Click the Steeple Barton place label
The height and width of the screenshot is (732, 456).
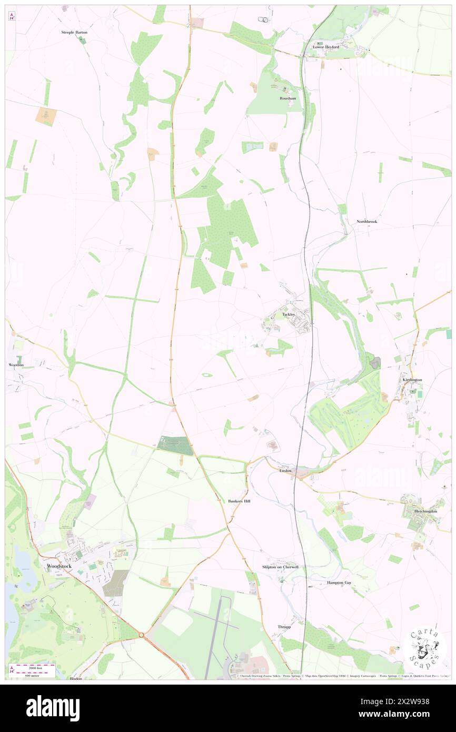pos(74,32)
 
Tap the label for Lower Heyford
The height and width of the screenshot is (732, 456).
pos(326,47)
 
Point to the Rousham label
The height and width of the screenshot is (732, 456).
pos(288,98)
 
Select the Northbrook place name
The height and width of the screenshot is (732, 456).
pos(366,222)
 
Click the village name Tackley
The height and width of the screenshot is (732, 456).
pos(289,314)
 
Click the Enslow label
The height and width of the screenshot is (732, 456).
pos(285,470)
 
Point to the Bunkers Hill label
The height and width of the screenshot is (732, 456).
pos(240,501)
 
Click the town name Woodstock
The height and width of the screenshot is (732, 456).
pos(56,566)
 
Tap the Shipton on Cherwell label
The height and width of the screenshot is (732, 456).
pos(280,567)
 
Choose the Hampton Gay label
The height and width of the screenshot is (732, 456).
pos(339,583)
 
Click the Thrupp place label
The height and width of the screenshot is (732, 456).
pos(284,627)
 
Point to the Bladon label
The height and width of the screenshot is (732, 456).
pos(76,678)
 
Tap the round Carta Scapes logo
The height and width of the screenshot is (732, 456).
pos(424,648)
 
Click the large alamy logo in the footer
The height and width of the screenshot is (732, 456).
pos(53,708)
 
